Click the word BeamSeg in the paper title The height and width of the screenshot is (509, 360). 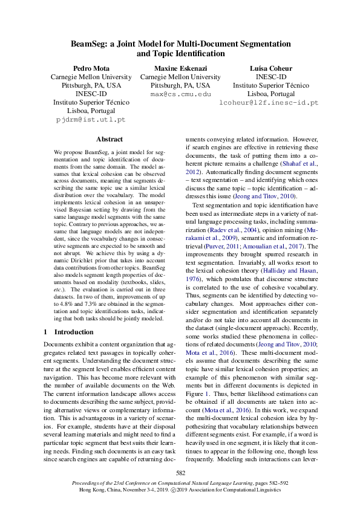point(90,44)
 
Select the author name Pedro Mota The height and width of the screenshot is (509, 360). point(91,68)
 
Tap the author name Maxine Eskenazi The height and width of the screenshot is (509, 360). point(180,68)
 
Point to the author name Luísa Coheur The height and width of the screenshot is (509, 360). point(270,68)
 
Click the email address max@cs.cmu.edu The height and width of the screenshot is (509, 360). point(180,95)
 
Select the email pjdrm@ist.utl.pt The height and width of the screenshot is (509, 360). point(91,120)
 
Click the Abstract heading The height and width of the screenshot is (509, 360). point(110,139)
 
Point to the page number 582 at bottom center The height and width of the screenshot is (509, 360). point(180,473)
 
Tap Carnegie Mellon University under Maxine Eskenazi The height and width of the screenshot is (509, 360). point(180,77)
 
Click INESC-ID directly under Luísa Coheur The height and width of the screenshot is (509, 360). point(270,77)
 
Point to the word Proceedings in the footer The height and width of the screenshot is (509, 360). point(89,484)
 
